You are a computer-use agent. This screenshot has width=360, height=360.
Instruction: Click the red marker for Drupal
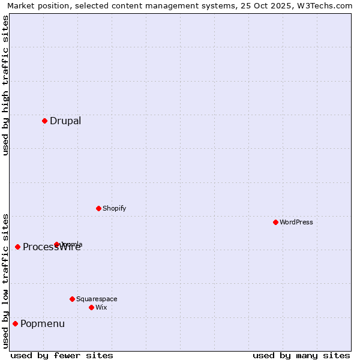coord(44,121)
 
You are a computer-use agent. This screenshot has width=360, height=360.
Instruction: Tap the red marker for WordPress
coord(275,222)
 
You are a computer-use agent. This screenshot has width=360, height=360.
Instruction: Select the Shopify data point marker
coord(98,208)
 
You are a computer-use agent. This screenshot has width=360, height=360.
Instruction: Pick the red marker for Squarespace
coord(72,299)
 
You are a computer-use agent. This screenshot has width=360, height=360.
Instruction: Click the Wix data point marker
coord(91,307)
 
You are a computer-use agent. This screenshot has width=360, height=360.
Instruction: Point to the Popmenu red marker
coord(15,324)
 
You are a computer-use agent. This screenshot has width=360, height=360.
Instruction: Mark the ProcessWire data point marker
coord(17,247)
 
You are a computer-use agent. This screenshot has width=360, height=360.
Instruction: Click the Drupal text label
coord(65,121)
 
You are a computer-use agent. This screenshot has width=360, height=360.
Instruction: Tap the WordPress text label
coord(296,222)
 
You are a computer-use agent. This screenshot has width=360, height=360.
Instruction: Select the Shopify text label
coord(114,208)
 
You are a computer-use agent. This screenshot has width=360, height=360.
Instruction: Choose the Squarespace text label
coord(97,299)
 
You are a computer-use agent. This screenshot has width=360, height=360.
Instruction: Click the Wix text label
coord(101,307)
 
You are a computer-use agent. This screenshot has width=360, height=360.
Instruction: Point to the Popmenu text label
coord(43,324)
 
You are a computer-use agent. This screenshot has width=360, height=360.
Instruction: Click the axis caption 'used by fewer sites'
coord(62,355)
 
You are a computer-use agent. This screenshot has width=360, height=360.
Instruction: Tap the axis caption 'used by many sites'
coord(301,355)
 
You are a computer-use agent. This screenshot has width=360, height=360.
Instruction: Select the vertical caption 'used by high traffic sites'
coord(5,85)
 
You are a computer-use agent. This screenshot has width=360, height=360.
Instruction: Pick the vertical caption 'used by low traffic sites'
coord(5,281)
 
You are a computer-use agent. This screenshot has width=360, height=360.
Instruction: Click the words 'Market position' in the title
coord(34,6)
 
